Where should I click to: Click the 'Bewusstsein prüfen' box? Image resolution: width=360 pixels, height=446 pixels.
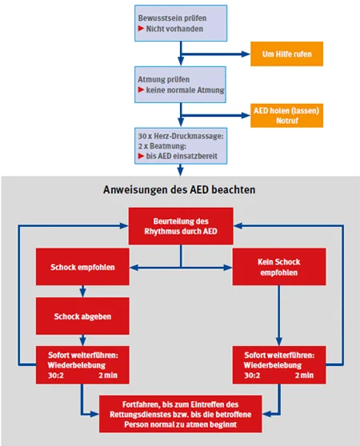(x=181, y=23)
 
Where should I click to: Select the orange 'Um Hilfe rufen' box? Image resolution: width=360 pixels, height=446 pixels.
(x=286, y=54)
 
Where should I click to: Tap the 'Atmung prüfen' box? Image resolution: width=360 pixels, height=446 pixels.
(x=180, y=85)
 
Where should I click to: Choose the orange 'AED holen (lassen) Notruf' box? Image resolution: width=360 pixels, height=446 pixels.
(x=286, y=115)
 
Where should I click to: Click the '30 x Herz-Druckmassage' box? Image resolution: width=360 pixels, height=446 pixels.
(x=181, y=146)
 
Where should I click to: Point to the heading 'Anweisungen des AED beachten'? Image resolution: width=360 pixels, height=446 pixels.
(x=179, y=189)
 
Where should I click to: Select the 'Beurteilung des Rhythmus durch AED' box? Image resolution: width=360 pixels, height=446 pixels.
(x=181, y=226)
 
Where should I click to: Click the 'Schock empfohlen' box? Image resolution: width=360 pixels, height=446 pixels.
(x=82, y=267)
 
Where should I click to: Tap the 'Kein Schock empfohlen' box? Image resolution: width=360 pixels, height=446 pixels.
(x=279, y=267)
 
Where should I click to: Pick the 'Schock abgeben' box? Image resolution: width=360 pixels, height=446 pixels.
(x=82, y=316)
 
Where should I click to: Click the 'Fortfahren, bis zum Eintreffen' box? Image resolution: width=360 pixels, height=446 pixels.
(x=181, y=414)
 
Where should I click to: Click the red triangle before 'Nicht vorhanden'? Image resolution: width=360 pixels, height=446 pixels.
(x=141, y=29)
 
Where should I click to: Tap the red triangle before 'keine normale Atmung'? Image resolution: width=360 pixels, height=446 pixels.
(x=141, y=90)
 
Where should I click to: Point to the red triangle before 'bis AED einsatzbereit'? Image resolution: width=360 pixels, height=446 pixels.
(x=141, y=156)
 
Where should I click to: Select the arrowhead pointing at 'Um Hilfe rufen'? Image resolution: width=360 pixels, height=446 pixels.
(x=246, y=54)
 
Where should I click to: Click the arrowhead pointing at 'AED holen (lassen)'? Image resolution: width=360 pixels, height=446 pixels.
(x=246, y=115)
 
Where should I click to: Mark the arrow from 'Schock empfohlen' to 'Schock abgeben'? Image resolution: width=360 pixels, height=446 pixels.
(x=82, y=291)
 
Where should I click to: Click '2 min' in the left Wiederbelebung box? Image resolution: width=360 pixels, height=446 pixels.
(x=108, y=375)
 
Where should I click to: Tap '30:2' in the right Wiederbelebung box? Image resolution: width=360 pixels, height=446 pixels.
(x=252, y=375)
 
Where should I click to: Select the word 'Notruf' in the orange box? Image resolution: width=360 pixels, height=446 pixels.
(x=287, y=121)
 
